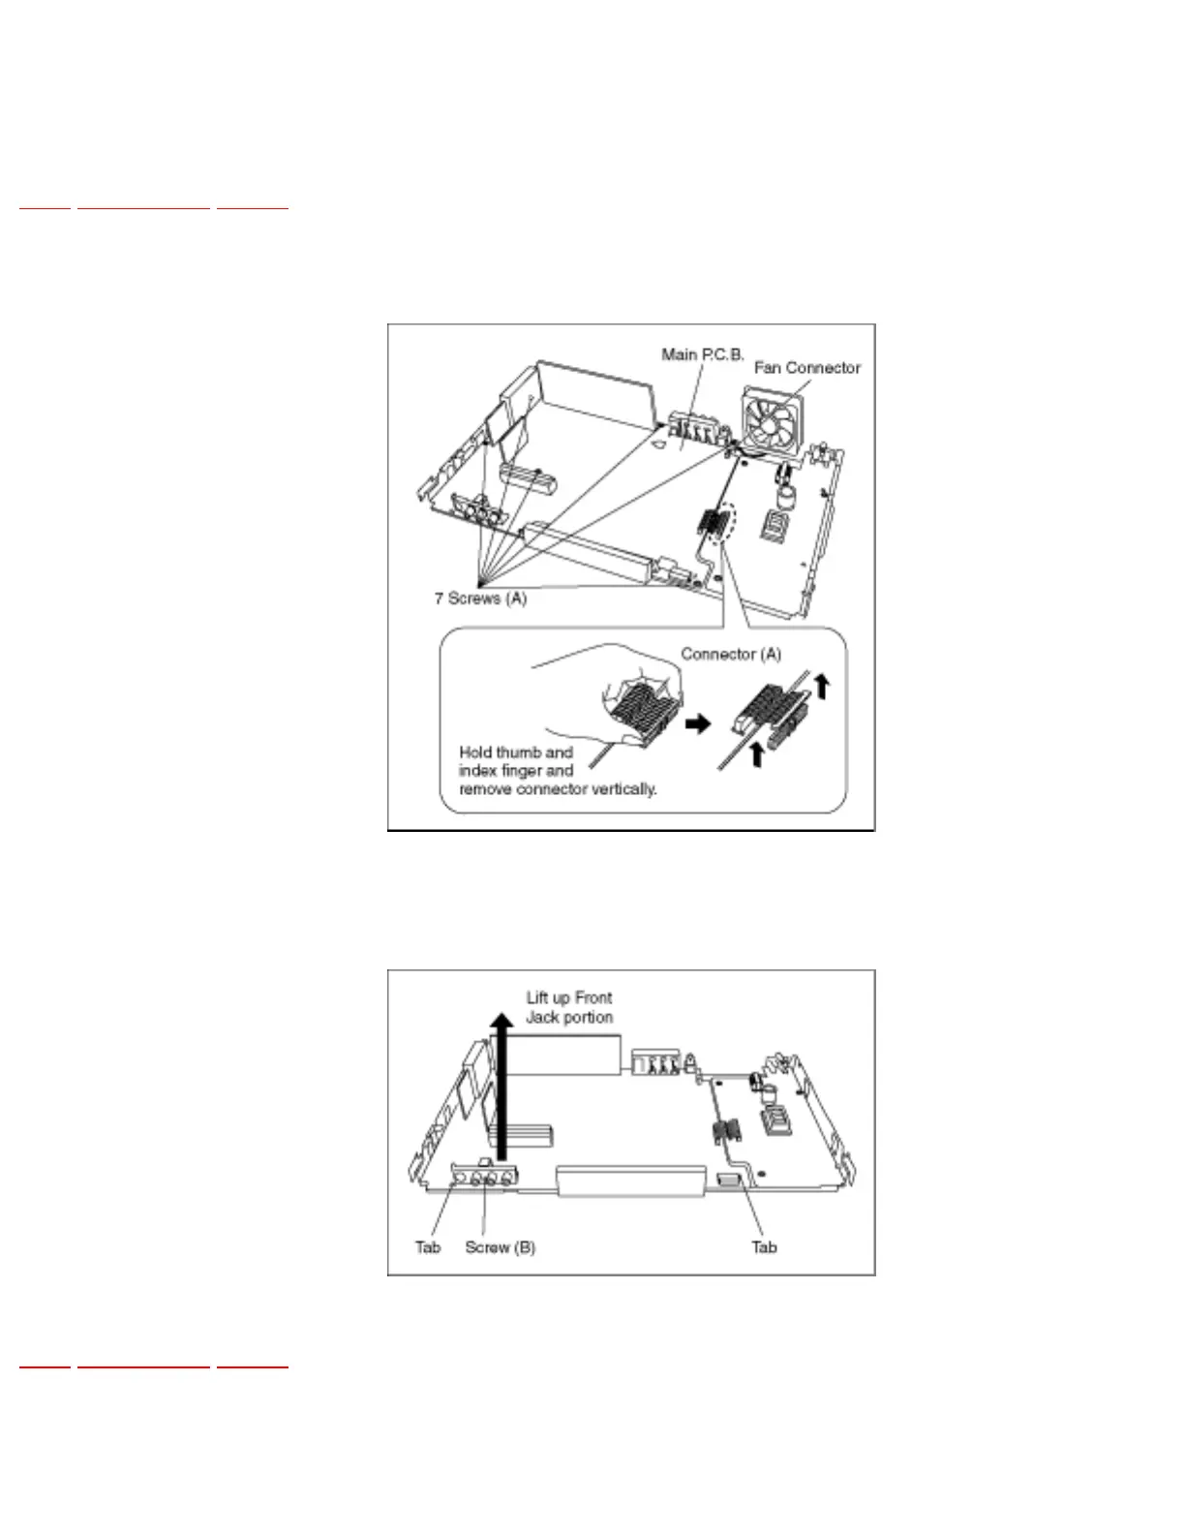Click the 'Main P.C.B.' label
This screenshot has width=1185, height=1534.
click(702, 354)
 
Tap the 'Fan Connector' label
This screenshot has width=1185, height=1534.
click(806, 368)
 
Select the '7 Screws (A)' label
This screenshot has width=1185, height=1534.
click(480, 598)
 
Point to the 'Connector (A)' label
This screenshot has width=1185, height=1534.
click(731, 655)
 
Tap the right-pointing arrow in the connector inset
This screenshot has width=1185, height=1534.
click(697, 723)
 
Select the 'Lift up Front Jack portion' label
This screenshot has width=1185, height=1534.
click(569, 1007)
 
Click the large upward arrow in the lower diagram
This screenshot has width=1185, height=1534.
click(501, 1085)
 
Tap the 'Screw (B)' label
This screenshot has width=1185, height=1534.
click(500, 1247)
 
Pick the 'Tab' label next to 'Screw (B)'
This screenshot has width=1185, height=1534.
click(428, 1247)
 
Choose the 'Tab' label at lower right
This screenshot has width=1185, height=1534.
click(764, 1247)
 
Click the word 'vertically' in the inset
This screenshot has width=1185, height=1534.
click(623, 789)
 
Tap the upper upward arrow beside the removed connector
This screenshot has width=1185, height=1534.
click(822, 687)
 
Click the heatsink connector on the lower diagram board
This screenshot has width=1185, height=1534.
click(727, 1129)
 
